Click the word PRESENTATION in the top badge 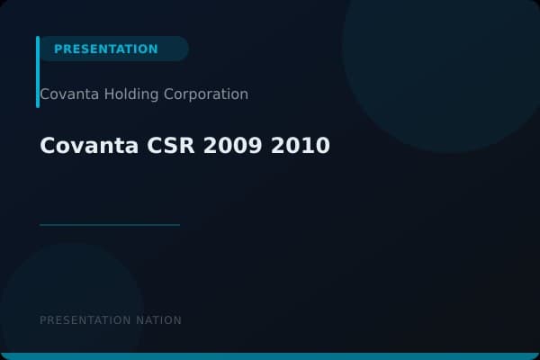coord(105,49)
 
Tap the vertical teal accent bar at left coord(38,72)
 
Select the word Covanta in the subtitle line coord(67,94)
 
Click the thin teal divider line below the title coord(110,225)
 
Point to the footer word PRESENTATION coord(86,320)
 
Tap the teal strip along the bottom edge coord(270,356)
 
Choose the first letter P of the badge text coord(58,49)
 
